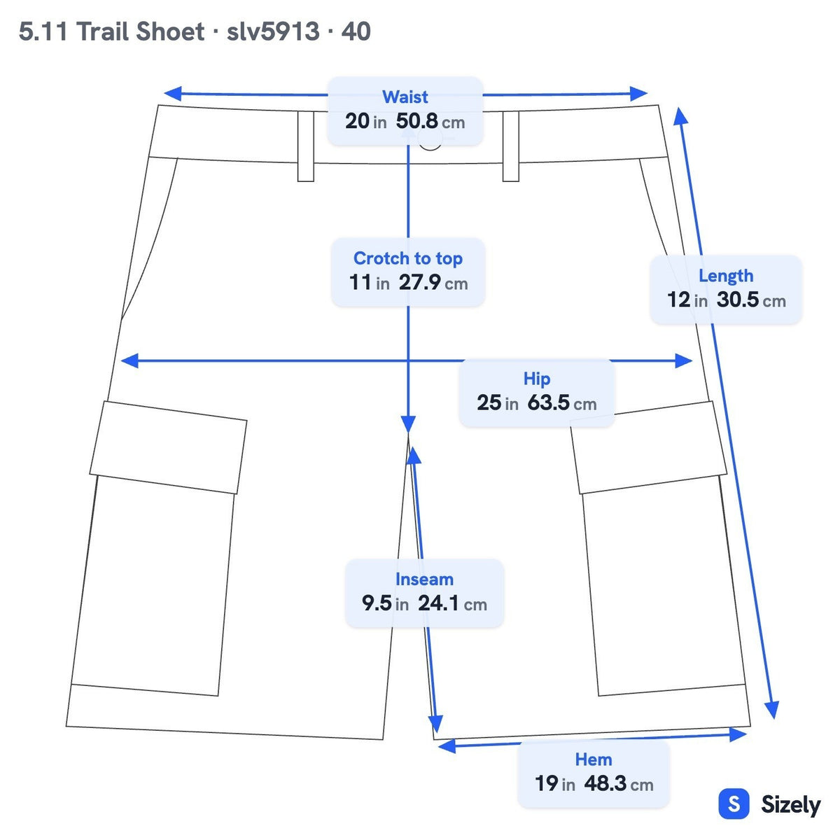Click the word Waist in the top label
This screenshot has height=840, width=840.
[405, 97]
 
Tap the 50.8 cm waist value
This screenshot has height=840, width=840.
[430, 121]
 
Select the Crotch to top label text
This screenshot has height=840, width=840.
[407, 258]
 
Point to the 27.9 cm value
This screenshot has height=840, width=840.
[433, 283]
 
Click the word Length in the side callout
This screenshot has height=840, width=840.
[726, 276]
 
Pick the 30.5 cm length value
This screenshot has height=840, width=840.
[751, 300]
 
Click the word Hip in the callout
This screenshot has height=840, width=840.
[537, 379]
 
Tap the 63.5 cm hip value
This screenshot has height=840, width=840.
[561, 402]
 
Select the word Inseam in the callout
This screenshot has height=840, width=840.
[424, 580]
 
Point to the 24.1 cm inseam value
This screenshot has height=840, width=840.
[452, 603]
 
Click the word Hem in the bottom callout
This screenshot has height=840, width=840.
[594, 759]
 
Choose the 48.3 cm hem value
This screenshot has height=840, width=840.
[619, 784]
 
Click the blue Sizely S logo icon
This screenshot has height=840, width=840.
[734, 804]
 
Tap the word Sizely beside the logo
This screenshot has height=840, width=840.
[791, 805]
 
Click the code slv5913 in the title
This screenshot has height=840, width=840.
[273, 31]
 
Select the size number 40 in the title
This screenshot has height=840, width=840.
[356, 31]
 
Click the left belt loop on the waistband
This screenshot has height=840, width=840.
[306, 146]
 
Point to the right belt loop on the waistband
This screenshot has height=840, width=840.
[510, 146]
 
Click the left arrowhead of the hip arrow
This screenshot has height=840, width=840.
[129, 360]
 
